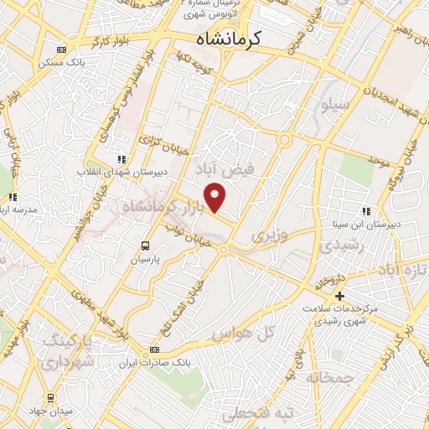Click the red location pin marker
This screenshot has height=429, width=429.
(216, 196)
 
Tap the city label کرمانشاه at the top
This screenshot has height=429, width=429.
(228, 39)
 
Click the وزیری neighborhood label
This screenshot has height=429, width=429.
(269, 235)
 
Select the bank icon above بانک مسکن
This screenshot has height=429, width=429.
(59, 49)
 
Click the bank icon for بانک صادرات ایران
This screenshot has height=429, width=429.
(153, 349)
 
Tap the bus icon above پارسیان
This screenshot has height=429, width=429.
(146, 246)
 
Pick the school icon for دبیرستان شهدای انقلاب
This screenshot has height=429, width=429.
(121, 158)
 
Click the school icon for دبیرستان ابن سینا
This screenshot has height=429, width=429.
(364, 211)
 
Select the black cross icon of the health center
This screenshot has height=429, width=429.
(339, 296)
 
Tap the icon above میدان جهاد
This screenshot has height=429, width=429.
(51, 397)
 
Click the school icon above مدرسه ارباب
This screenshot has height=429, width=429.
(13, 197)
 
